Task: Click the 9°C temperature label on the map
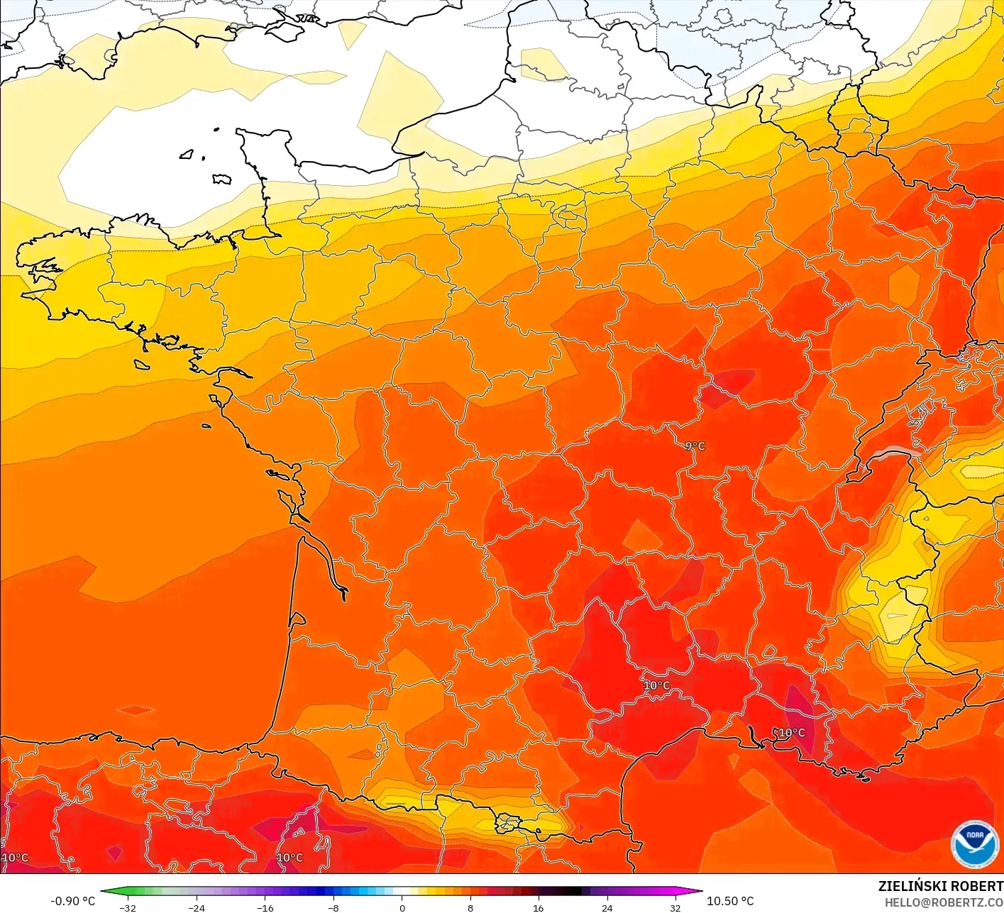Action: pyautogui.click(x=695, y=446)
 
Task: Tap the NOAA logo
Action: pyautogui.click(x=974, y=844)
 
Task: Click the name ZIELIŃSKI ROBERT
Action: pyautogui.click(x=940, y=886)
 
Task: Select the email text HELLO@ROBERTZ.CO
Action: pyautogui.click(x=944, y=902)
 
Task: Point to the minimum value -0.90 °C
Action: pyautogui.click(x=72, y=901)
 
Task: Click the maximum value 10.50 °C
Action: pyautogui.click(x=730, y=901)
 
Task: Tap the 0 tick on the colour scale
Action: pyautogui.click(x=402, y=907)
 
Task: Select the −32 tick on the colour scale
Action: pyautogui.click(x=128, y=907)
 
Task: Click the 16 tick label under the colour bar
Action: pyautogui.click(x=539, y=907)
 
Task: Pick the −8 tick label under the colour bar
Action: pyautogui.click(x=333, y=907)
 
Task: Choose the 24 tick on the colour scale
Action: pyautogui.click(x=607, y=907)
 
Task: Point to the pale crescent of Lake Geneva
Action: pyautogui.click(x=896, y=453)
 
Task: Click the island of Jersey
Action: pyautogui.click(x=221, y=179)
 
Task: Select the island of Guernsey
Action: pyautogui.click(x=187, y=154)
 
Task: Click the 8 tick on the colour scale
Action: pyautogui.click(x=470, y=907)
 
